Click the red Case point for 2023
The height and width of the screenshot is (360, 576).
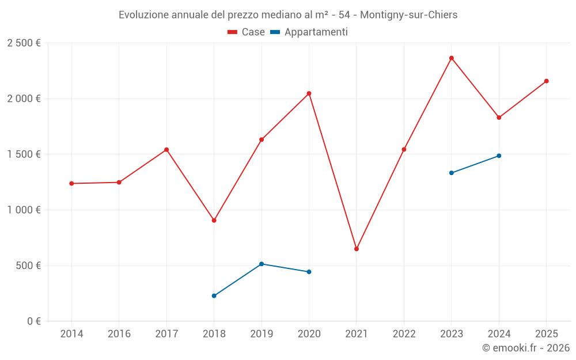(452, 58)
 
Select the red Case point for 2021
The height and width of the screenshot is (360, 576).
(357, 249)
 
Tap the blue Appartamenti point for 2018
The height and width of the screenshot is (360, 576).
(214, 296)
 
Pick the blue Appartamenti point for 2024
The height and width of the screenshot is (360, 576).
(499, 156)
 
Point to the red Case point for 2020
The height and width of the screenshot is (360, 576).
(309, 93)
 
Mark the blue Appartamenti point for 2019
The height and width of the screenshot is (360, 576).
(262, 264)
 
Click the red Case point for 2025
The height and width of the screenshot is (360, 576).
(547, 81)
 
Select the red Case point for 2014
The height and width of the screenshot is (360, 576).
(71, 184)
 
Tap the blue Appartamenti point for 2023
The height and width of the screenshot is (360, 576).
(452, 173)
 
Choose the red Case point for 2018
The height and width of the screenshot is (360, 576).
(214, 221)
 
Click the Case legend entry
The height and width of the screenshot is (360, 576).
(247, 32)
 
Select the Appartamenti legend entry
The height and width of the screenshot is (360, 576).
(309, 32)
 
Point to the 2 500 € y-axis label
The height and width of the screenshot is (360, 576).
(24, 43)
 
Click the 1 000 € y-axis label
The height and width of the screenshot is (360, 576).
(24, 210)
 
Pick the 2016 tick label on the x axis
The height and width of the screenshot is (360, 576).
(119, 334)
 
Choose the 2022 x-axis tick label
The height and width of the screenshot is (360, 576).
(404, 334)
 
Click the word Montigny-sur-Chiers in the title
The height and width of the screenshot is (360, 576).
(408, 15)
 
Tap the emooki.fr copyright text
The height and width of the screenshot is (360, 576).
(526, 348)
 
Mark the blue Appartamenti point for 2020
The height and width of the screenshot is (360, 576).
(309, 272)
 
